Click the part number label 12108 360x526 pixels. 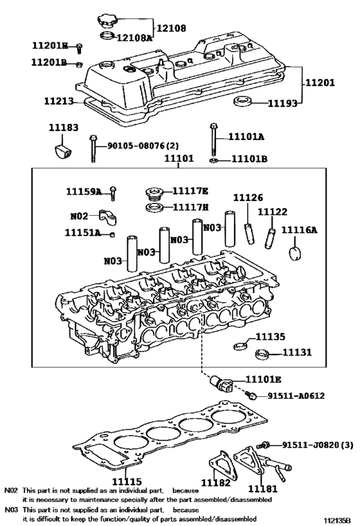click(x=170, y=28)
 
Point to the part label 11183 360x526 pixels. click(x=64, y=128)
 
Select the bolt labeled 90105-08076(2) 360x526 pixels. click(x=94, y=150)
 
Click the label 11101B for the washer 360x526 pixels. click(x=249, y=159)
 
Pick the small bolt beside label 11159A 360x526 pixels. click(x=113, y=191)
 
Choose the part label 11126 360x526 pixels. click(x=248, y=198)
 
